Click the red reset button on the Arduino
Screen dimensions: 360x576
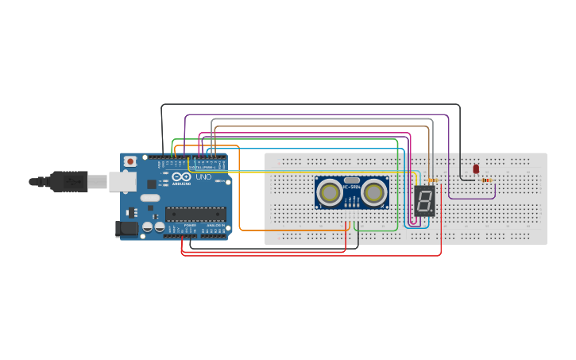click(x=130, y=161)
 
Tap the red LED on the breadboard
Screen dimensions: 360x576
click(x=476, y=168)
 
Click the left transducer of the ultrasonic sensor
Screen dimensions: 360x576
click(x=330, y=192)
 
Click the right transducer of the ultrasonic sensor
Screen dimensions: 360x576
click(x=373, y=192)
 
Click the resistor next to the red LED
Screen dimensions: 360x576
click(x=485, y=180)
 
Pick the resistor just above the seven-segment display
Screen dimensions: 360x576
click(x=432, y=180)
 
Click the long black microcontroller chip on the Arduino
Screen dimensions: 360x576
click(x=195, y=214)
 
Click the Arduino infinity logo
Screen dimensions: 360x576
click(x=181, y=176)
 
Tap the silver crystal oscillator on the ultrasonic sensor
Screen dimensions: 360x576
click(x=351, y=181)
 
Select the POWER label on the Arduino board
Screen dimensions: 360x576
click(x=190, y=226)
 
